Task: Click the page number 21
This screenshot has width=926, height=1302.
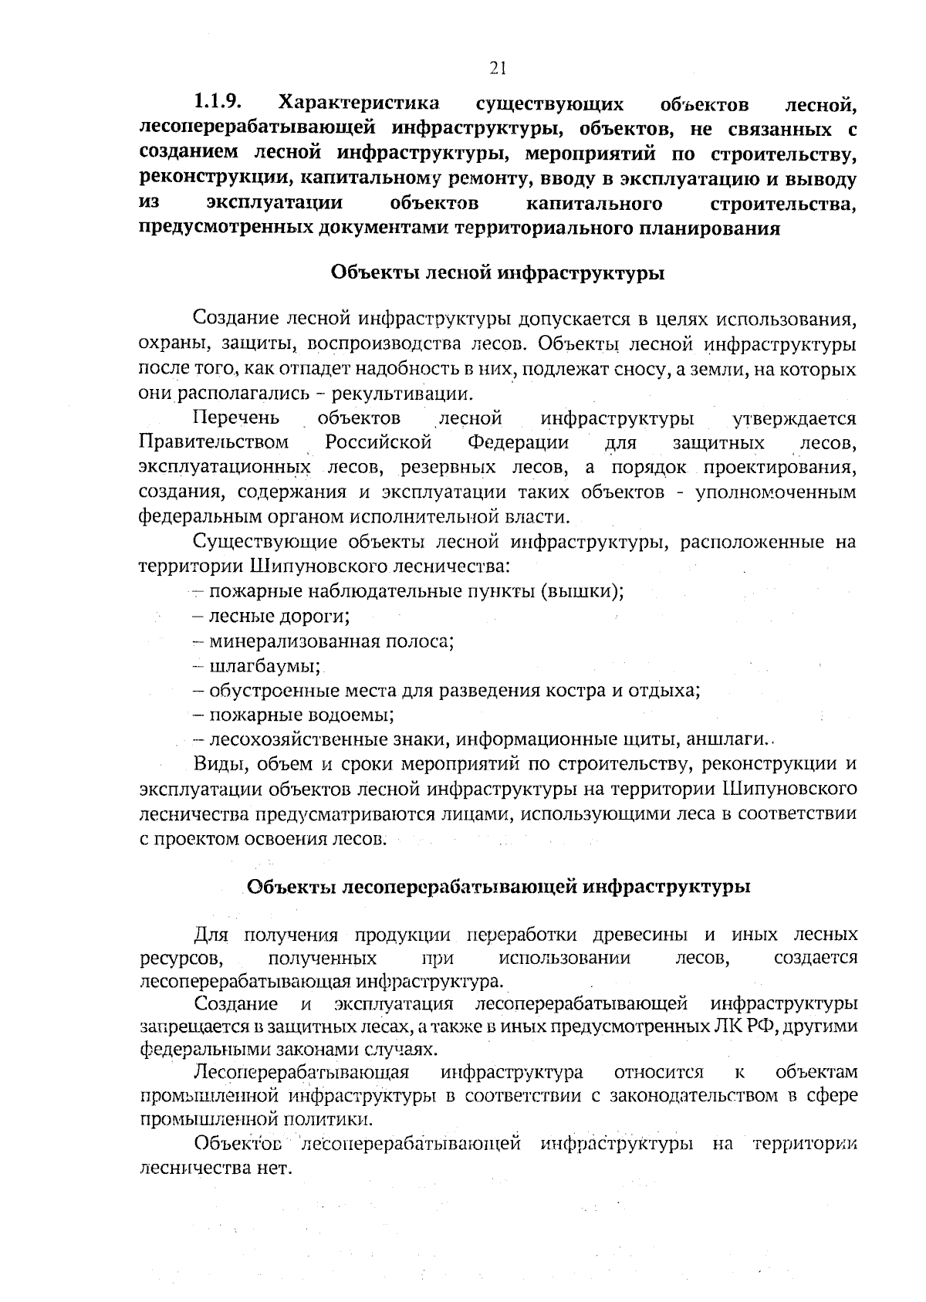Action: click(498, 68)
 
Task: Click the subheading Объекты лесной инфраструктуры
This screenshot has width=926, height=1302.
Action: click(498, 273)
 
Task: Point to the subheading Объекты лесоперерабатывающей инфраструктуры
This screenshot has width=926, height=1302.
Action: click(498, 886)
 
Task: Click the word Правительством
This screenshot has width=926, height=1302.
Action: click(214, 443)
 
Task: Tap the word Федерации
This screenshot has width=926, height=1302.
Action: click(518, 443)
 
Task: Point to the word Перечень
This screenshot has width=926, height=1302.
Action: click(235, 418)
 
